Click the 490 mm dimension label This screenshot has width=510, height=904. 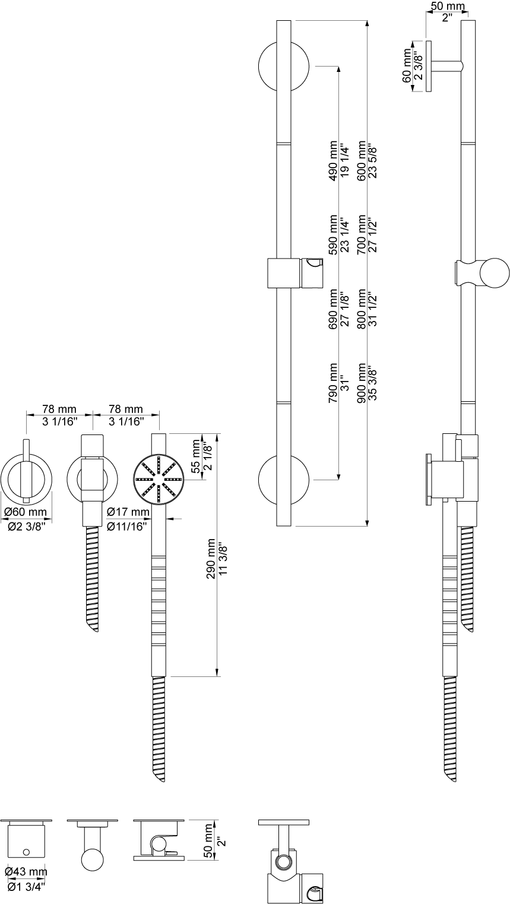pos(334,160)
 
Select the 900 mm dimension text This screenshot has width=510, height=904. pos(362,383)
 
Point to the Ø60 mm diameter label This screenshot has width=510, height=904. pos(26,512)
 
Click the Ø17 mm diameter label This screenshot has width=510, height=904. pos(128,512)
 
